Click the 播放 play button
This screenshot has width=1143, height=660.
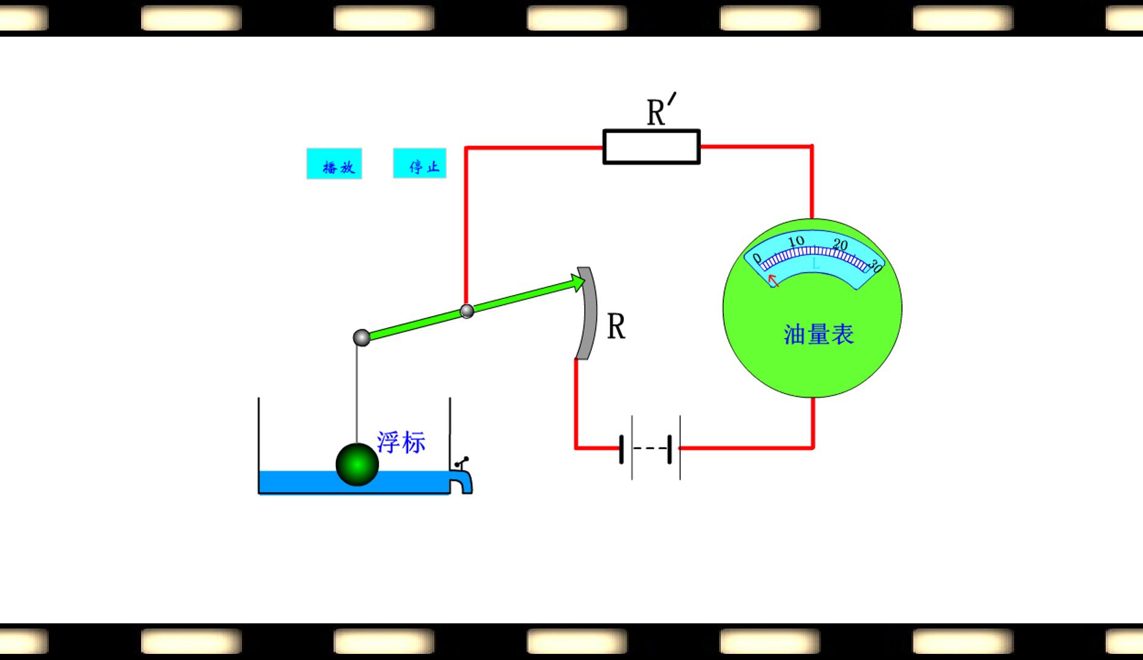pos(334,164)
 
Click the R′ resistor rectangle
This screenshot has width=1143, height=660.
pos(651,147)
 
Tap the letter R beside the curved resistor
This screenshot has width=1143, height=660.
pos(616,327)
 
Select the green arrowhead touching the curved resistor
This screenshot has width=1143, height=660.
pos(577,282)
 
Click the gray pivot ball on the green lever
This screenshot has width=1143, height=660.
pos(467,311)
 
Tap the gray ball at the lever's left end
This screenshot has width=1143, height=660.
pos(362,337)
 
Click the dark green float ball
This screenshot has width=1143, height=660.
pos(357,464)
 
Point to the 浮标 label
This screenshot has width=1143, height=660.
pos(401,442)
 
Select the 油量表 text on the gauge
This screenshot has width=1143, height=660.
pos(819,334)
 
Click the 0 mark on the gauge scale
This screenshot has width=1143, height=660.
pos(757,258)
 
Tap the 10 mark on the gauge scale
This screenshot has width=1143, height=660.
pos(796,241)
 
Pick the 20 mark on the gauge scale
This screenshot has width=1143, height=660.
pos(840,245)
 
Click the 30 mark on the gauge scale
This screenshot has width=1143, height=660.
pos(875,266)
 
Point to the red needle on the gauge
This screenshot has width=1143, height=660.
pos(773,280)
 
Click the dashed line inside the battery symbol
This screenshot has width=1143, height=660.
pos(651,449)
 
